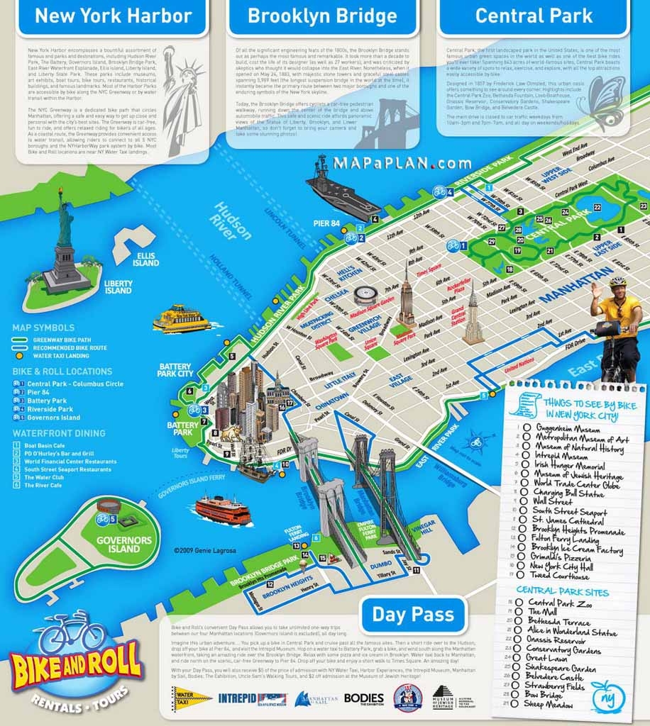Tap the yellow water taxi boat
tap(180, 319)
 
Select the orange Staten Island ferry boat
tap(223, 509)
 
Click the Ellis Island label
tap(145, 259)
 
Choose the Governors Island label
tap(124, 544)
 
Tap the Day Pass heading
tap(413, 614)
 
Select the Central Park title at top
tap(534, 16)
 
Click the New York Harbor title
tap(114, 16)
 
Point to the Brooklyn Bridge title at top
tap(321, 16)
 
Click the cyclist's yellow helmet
tap(617, 281)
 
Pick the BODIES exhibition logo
tap(363, 698)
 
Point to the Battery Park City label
tap(175, 369)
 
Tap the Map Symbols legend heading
tap(43, 328)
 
